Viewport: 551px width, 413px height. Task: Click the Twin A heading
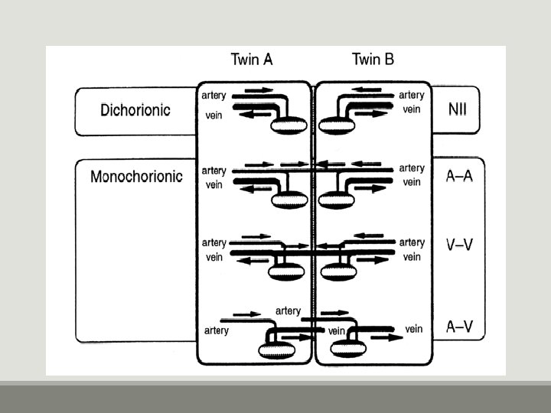tap(252, 59)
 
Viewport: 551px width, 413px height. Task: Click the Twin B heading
tap(373, 59)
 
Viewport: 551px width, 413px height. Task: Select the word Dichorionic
tap(135, 109)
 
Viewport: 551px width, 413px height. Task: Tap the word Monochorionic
tap(136, 177)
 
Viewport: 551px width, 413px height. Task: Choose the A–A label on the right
tap(459, 177)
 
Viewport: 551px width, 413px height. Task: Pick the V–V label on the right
tap(459, 245)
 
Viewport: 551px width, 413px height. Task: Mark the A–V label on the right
tap(459, 327)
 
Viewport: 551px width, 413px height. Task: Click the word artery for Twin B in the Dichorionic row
tap(412, 96)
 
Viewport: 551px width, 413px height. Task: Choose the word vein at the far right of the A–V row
tap(413, 329)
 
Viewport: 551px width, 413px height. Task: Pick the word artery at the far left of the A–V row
tap(217, 330)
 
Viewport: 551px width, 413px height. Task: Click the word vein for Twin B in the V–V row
tap(412, 257)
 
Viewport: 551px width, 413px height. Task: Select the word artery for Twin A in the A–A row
tap(214, 170)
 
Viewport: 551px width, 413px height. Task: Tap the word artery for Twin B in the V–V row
tap(412, 242)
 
